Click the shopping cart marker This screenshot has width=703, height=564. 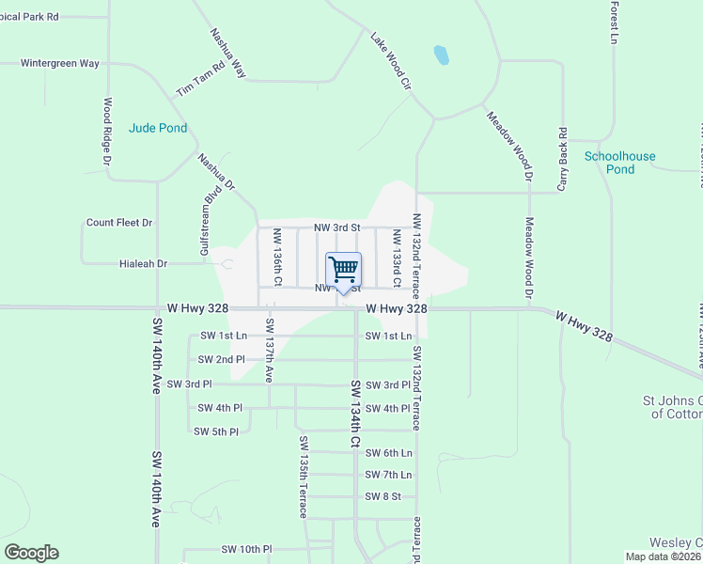tap(343, 271)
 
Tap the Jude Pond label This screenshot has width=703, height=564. tap(158, 128)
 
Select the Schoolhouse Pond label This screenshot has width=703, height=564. tap(620, 163)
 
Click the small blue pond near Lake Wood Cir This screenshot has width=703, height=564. tap(440, 55)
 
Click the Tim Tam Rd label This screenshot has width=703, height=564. tap(201, 78)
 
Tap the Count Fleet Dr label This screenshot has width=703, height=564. tap(119, 223)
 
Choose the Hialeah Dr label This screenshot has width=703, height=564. tap(143, 264)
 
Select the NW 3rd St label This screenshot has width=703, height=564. tap(336, 227)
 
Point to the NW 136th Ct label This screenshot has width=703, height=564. tap(277, 257)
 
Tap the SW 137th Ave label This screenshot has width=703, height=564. tap(269, 349)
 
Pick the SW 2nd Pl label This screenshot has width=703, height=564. tap(221, 359)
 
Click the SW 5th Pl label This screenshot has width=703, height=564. tap(216, 431)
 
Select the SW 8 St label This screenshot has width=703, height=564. tap(383, 496)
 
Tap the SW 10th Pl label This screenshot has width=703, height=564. tap(246, 549)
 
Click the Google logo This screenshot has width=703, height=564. tap(31, 553)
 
